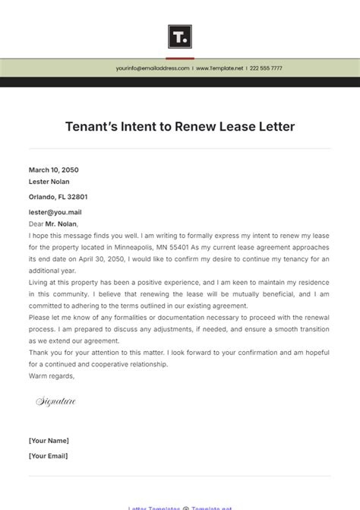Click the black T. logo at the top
pyautogui.click(x=180, y=36)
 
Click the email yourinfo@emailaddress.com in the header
pyautogui.click(x=153, y=68)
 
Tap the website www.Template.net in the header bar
pyautogui.click(x=220, y=68)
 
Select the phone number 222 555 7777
pyautogui.click(x=266, y=68)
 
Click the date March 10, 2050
pyautogui.click(x=54, y=170)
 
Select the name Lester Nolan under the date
pyautogui.click(x=50, y=182)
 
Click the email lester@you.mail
pyautogui.click(x=55, y=212)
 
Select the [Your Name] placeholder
pyautogui.click(x=49, y=441)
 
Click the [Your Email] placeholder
pyautogui.click(x=49, y=456)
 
